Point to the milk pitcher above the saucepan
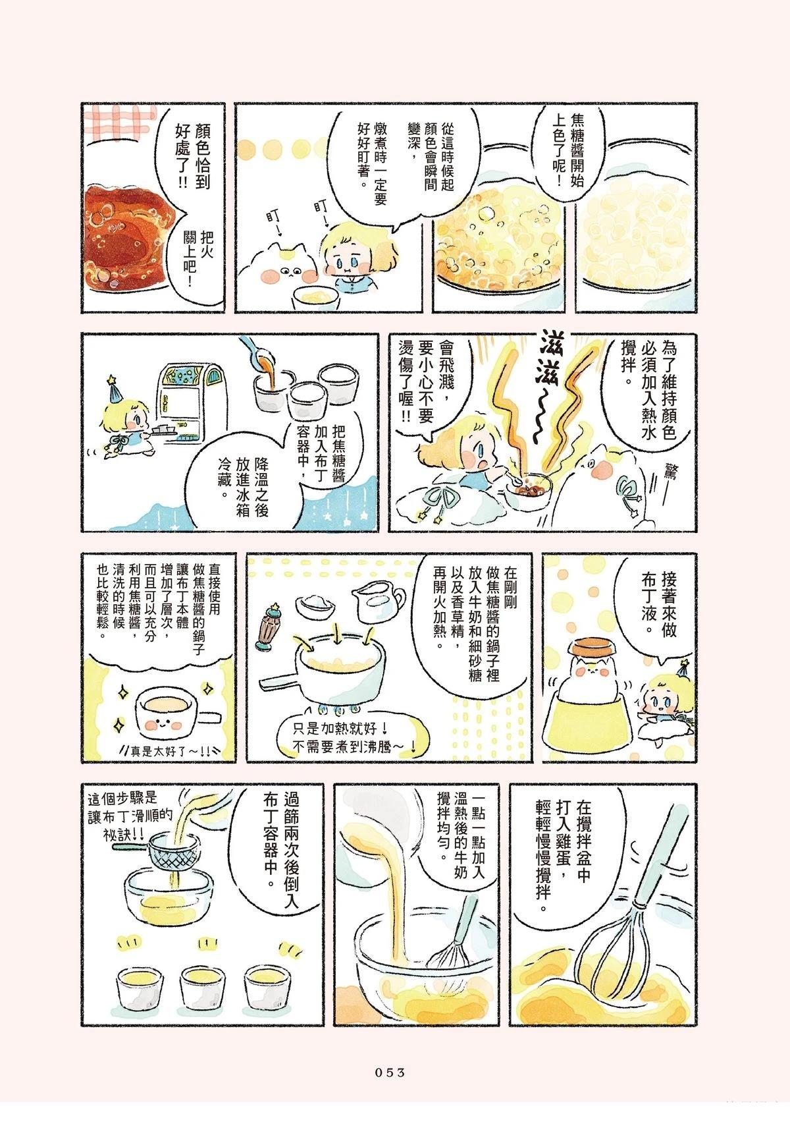click(x=379, y=600)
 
